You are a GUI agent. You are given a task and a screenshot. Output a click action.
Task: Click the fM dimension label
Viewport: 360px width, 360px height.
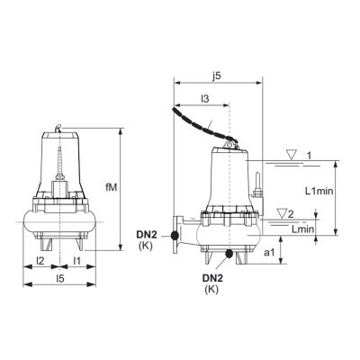[110, 186]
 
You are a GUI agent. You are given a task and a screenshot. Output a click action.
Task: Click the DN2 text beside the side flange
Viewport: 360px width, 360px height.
[148, 235]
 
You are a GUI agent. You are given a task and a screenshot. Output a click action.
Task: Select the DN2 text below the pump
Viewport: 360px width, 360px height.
[211, 277]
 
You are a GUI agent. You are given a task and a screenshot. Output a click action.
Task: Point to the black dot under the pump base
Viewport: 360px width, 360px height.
[230, 255]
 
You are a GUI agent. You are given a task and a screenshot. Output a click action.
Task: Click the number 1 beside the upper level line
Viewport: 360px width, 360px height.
[308, 156]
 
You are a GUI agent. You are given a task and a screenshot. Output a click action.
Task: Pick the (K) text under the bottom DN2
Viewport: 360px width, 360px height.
[211, 289]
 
